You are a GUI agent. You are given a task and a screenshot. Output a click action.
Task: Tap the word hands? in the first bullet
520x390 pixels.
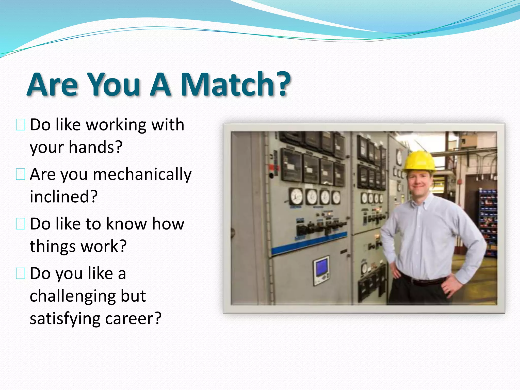tap(96, 147)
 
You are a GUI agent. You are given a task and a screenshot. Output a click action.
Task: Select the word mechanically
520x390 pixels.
tap(142, 175)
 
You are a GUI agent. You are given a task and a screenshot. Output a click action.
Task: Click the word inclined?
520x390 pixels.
tap(63, 197)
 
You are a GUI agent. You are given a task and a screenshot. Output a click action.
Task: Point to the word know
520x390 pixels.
tap(126, 224)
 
